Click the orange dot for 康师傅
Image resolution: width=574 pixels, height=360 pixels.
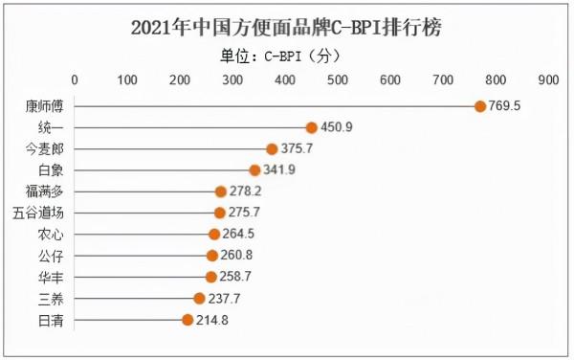(x=480, y=106)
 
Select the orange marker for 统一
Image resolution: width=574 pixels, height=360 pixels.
(x=311, y=127)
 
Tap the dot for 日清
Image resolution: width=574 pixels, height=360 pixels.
(x=188, y=319)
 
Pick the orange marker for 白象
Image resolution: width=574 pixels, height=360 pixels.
(x=254, y=170)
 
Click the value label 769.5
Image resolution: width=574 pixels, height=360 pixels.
(x=504, y=106)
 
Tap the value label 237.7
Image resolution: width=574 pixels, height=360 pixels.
(x=224, y=298)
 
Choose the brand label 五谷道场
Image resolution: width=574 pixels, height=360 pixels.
(x=39, y=213)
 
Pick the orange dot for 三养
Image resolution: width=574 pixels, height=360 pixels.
(x=199, y=298)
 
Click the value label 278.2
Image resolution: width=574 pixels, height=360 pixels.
(x=245, y=191)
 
